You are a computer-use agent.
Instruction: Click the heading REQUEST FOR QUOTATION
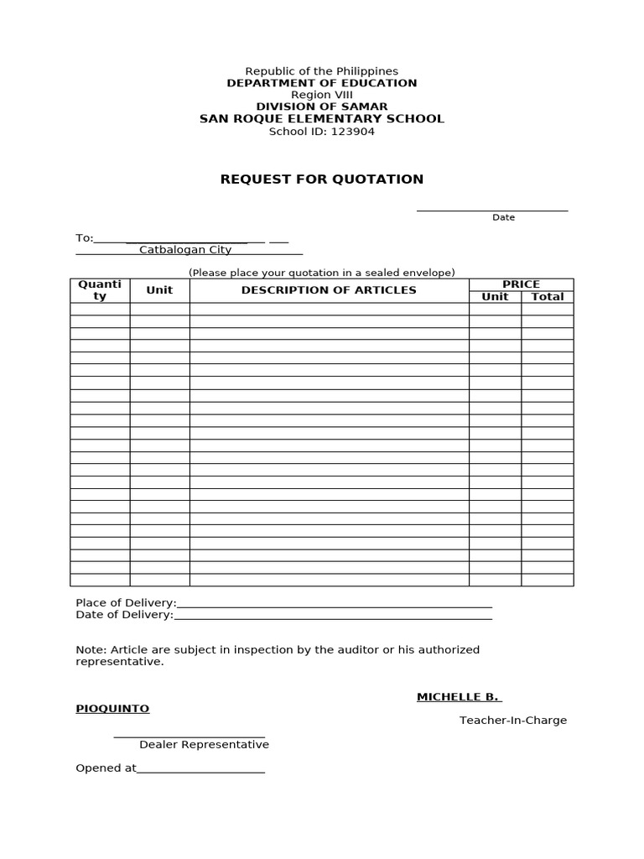(321, 179)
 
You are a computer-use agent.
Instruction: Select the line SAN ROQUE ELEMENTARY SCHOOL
(321, 118)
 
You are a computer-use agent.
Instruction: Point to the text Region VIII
(321, 95)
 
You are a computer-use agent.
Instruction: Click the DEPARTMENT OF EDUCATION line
(321, 83)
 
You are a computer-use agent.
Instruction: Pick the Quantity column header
(100, 290)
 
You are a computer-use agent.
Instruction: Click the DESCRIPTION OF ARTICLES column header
(329, 290)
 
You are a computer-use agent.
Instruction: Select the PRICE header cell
(521, 284)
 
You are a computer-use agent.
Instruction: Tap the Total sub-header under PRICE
(548, 297)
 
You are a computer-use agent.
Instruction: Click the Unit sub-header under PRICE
(495, 297)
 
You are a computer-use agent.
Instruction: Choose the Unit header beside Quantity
(159, 290)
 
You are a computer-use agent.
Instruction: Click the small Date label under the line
(503, 217)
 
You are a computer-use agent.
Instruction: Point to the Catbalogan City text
(184, 250)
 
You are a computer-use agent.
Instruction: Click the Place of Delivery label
(126, 602)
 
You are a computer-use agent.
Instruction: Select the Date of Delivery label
(124, 615)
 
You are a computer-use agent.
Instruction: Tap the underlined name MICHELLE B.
(458, 697)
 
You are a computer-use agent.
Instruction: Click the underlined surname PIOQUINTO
(112, 709)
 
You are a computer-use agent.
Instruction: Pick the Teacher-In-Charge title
(512, 721)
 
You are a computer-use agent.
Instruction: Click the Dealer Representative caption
(204, 744)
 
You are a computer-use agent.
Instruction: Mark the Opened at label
(106, 768)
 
